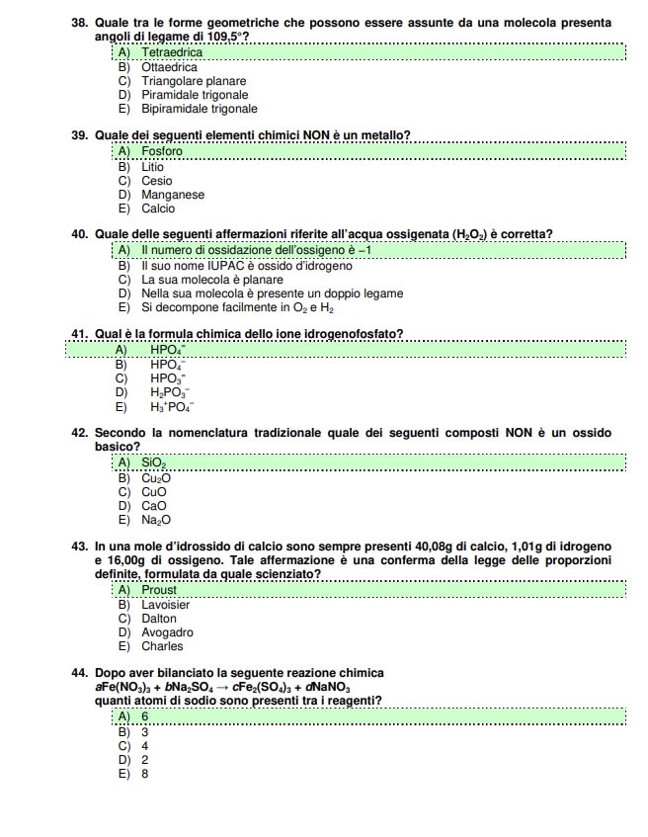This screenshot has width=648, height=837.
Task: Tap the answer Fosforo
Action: coord(162,152)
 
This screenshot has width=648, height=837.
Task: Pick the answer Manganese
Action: coord(173,195)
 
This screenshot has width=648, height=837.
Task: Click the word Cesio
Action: coord(156,181)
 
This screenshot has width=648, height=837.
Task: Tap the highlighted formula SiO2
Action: coord(154,462)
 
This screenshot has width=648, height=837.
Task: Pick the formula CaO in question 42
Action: coord(154,506)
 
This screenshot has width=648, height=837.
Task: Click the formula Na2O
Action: coord(156,520)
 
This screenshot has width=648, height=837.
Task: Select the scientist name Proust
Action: coord(159,590)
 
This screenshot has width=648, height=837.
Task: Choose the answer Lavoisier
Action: coord(165,604)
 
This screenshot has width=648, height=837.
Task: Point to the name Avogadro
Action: coord(167,632)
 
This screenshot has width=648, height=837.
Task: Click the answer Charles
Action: coord(162,646)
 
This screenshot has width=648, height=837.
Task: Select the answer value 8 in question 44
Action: coord(145,774)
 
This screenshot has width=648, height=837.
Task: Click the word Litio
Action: coord(153,167)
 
